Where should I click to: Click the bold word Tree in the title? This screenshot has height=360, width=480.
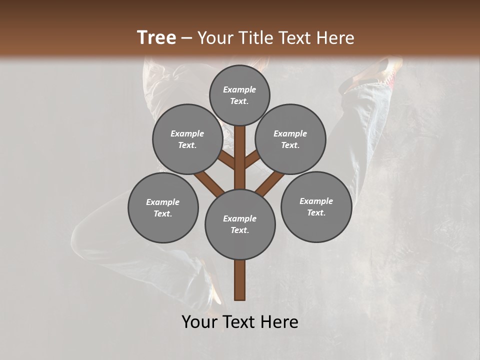156,37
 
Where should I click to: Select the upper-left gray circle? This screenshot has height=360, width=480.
187,139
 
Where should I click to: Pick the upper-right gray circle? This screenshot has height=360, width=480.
290,139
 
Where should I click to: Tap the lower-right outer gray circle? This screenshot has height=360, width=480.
316,206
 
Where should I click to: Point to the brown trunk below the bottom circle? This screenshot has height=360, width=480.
240,280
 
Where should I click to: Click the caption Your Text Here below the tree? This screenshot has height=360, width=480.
240,322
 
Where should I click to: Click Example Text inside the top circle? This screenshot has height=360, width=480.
239,95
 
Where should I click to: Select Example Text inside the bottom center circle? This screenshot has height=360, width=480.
240,224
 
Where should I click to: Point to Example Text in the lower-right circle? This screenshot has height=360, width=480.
316,207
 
